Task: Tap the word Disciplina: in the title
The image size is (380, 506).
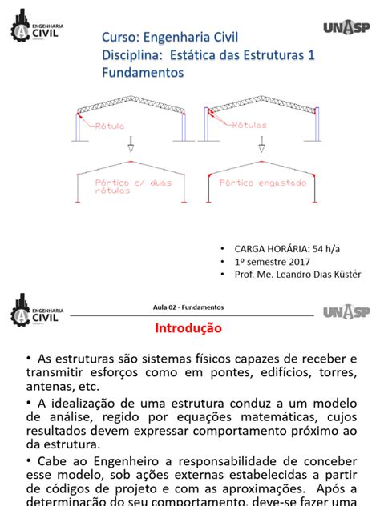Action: pyautogui.click(x=135, y=54)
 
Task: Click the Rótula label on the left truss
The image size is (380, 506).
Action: pyautogui.click(x=111, y=127)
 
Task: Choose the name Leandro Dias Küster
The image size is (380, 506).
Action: pyautogui.click(x=321, y=275)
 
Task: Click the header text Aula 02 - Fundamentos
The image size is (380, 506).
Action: pyautogui.click(x=188, y=307)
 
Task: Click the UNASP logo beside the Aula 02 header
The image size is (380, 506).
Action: pyautogui.click(x=347, y=311)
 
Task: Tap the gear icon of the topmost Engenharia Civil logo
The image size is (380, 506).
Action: pyautogui.click(x=22, y=29)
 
